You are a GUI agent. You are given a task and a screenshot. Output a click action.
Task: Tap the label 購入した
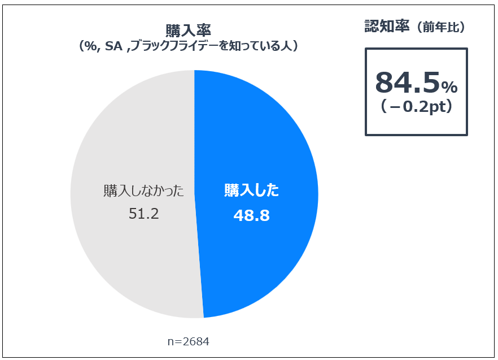[x=252, y=191]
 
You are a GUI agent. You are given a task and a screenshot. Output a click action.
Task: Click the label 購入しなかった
[x=144, y=191]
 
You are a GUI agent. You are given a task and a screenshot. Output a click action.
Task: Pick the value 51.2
[x=144, y=215]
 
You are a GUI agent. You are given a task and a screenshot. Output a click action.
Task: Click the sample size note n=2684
[x=189, y=342]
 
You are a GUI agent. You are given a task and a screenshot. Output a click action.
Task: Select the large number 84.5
[x=407, y=84]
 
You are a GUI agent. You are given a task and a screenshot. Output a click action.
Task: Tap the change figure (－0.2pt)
[x=417, y=108]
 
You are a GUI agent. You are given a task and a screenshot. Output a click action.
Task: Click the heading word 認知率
[x=387, y=27]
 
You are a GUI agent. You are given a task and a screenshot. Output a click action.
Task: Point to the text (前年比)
[x=440, y=28]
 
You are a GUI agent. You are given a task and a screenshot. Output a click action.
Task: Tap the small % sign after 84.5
[x=449, y=87]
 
